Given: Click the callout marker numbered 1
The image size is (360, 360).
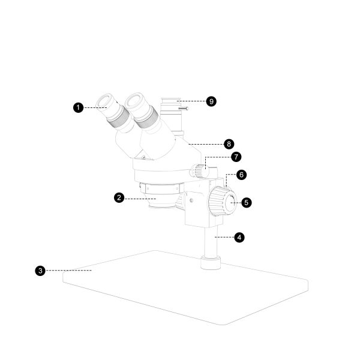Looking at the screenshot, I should [77, 107].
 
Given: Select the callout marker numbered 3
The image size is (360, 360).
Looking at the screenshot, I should [40, 271].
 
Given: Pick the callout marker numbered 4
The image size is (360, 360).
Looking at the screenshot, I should [239, 237].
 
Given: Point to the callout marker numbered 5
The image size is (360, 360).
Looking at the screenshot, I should [247, 202].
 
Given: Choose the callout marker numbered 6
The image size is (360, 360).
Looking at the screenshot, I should [241, 175].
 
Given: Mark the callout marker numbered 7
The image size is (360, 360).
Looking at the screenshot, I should [236, 157].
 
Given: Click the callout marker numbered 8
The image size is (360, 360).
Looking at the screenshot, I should [228, 144].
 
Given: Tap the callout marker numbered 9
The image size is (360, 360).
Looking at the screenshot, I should [211, 101].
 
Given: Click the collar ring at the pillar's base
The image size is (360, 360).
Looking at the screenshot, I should [210, 262].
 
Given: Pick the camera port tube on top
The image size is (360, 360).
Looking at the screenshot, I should [174, 111].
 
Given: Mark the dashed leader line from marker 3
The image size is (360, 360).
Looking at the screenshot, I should [69, 271].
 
